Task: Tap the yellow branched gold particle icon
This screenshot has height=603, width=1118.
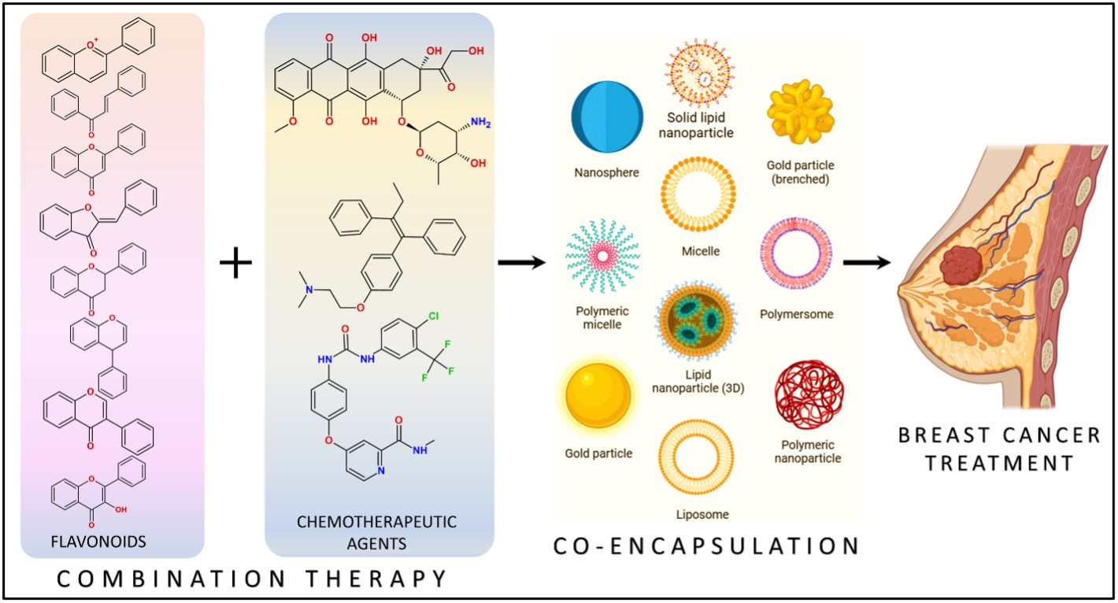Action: click(x=800, y=116)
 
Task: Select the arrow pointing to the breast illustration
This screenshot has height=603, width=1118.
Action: click(x=866, y=261)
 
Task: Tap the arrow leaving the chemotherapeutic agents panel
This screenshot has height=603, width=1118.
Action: click(x=522, y=261)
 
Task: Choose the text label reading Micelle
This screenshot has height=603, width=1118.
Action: click(x=701, y=252)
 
